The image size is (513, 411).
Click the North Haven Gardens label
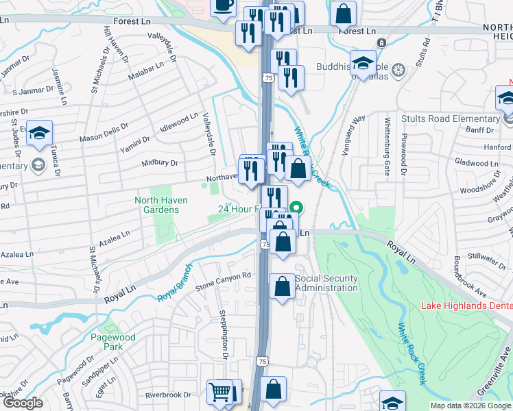point(156,205)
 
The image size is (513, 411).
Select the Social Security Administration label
point(326,283)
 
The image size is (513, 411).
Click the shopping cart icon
point(219,393)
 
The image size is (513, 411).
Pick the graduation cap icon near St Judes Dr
point(40,132)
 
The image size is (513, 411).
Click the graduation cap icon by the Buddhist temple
point(363,63)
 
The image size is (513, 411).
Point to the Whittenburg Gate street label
point(387,145)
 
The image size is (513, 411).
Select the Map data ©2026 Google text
point(470,406)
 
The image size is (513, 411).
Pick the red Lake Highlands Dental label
point(466,304)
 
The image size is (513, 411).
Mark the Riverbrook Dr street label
point(168,395)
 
